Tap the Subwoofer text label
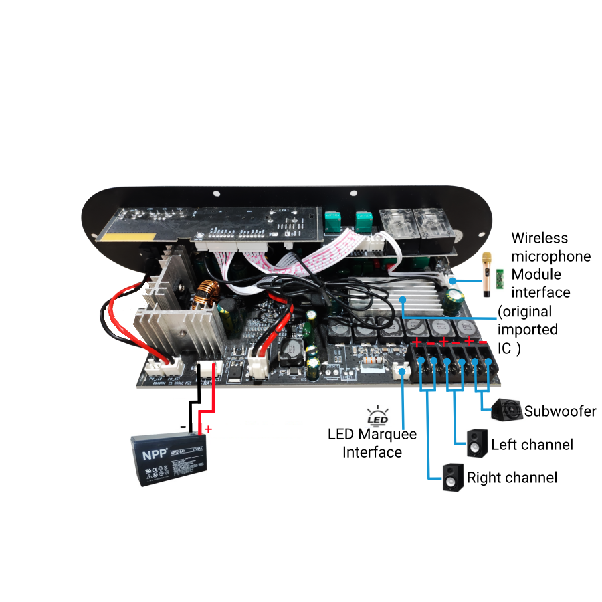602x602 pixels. [x=560, y=411]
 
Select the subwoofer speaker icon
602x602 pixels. [x=506, y=409]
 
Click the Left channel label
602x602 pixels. [x=532, y=445]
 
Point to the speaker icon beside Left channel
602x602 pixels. [x=477, y=443]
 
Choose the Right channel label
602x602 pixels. [x=512, y=478]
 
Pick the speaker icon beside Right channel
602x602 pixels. [x=453, y=478]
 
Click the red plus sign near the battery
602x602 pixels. [x=208, y=429]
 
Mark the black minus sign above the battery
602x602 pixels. [x=182, y=425]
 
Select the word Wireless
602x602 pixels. [x=539, y=238]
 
